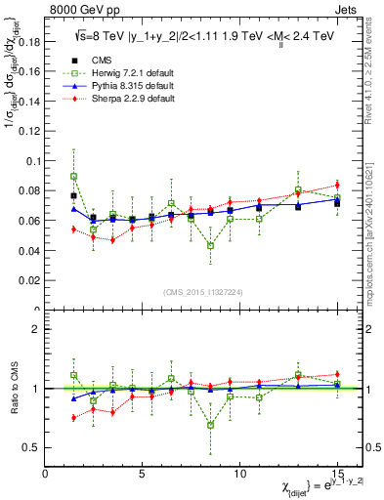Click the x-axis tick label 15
pos(336,472)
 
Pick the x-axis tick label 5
pos(143,472)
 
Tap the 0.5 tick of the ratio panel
pos(31,447)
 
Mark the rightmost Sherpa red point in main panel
pos(337,185)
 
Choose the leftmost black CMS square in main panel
pos(74,195)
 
